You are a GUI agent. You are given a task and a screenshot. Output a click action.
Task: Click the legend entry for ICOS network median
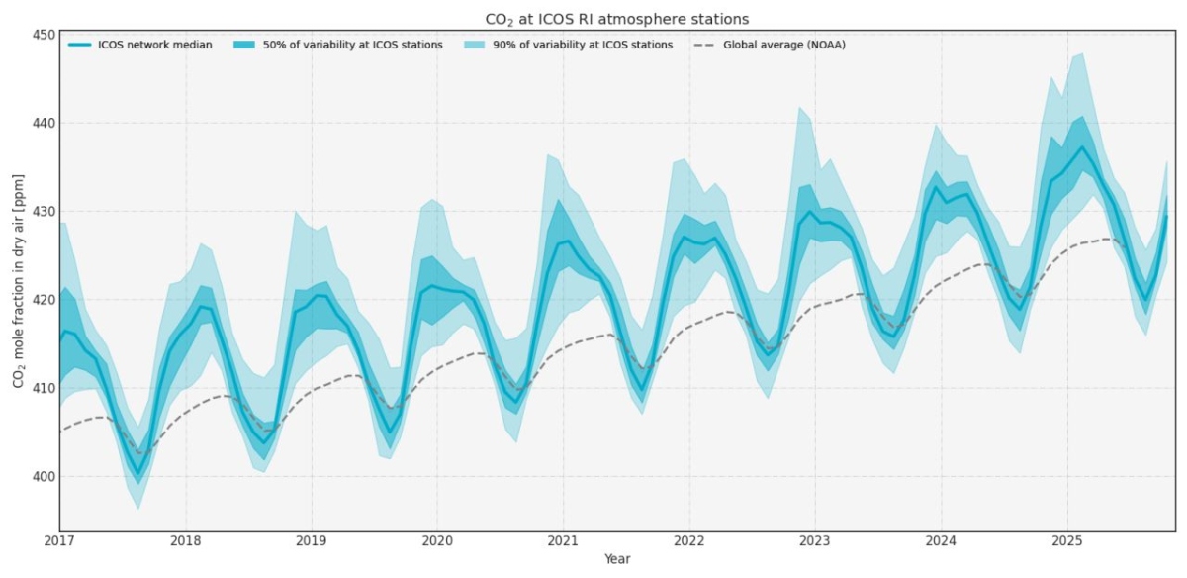pyautogui.click(x=139, y=45)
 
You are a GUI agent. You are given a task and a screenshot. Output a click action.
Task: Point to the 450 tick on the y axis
pyautogui.click(x=43, y=35)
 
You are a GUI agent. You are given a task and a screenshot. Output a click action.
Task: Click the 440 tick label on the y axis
pyautogui.click(x=43, y=123)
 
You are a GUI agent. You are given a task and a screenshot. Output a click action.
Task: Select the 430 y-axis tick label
pyautogui.click(x=43, y=211)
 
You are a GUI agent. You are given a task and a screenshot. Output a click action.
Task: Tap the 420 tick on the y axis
pyautogui.click(x=43, y=299)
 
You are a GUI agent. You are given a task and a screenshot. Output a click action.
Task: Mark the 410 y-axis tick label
pyautogui.click(x=43, y=388)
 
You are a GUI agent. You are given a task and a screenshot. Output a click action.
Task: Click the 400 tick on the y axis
pyautogui.click(x=43, y=476)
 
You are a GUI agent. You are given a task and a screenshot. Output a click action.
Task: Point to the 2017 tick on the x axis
pyautogui.click(x=60, y=542)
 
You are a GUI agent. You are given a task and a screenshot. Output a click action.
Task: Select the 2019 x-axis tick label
pyautogui.click(x=312, y=542)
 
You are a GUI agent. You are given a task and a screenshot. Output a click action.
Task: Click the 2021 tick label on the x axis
pyautogui.click(x=563, y=542)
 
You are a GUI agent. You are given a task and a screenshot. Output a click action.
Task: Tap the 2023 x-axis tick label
pyautogui.click(x=815, y=542)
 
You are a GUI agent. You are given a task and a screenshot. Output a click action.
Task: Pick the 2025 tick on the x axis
pyautogui.click(x=1066, y=542)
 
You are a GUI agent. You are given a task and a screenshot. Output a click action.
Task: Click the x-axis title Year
pyautogui.click(x=617, y=559)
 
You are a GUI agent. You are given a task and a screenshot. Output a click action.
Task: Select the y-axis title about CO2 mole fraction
pyautogui.click(x=19, y=282)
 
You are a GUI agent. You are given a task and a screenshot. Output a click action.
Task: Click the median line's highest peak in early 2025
pyautogui.click(x=1082, y=147)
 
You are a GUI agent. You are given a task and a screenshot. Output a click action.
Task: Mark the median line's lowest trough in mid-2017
pyautogui.click(x=138, y=473)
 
